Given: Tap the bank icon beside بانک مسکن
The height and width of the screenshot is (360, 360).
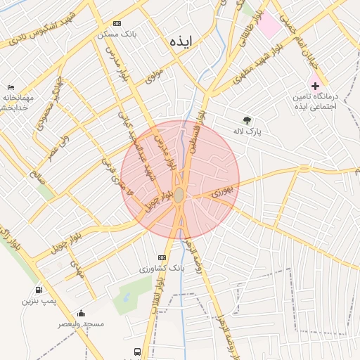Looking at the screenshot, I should (x=116, y=23).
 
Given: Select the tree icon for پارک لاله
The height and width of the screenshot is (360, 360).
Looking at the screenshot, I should (x=246, y=120).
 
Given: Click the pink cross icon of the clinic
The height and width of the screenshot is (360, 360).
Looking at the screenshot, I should (x=315, y=85).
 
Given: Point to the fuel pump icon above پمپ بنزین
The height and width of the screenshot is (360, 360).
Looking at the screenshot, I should (x=38, y=290).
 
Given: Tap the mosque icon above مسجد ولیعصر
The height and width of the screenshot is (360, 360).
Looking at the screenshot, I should (x=81, y=313).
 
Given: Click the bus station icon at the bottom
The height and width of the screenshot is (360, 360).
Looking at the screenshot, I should (x=136, y=351).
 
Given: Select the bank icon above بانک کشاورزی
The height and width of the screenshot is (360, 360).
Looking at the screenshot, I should (x=162, y=257).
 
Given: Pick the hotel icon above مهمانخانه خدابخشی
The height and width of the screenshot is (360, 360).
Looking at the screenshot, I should (x=10, y=86).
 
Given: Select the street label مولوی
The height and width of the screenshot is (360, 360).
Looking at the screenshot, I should (x=154, y=76).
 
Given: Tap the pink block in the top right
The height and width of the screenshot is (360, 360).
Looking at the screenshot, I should (x=268, y=26).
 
